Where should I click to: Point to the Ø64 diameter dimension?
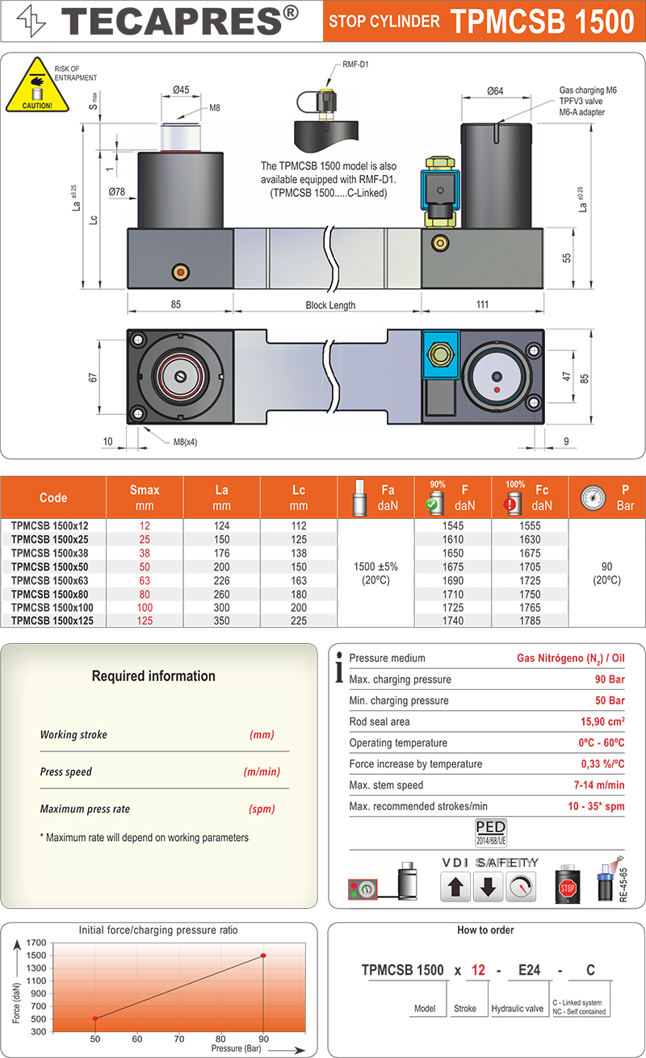coord(495,91)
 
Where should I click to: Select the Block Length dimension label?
coord(330,305)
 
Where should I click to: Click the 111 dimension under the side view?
coord(482,304)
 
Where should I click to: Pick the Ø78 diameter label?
coord(118,192)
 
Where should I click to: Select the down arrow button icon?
coord(488,888)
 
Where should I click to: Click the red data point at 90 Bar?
coord(263,956)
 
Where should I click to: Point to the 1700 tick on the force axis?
coord(36,943)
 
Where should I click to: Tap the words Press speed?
coord(66,772)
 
